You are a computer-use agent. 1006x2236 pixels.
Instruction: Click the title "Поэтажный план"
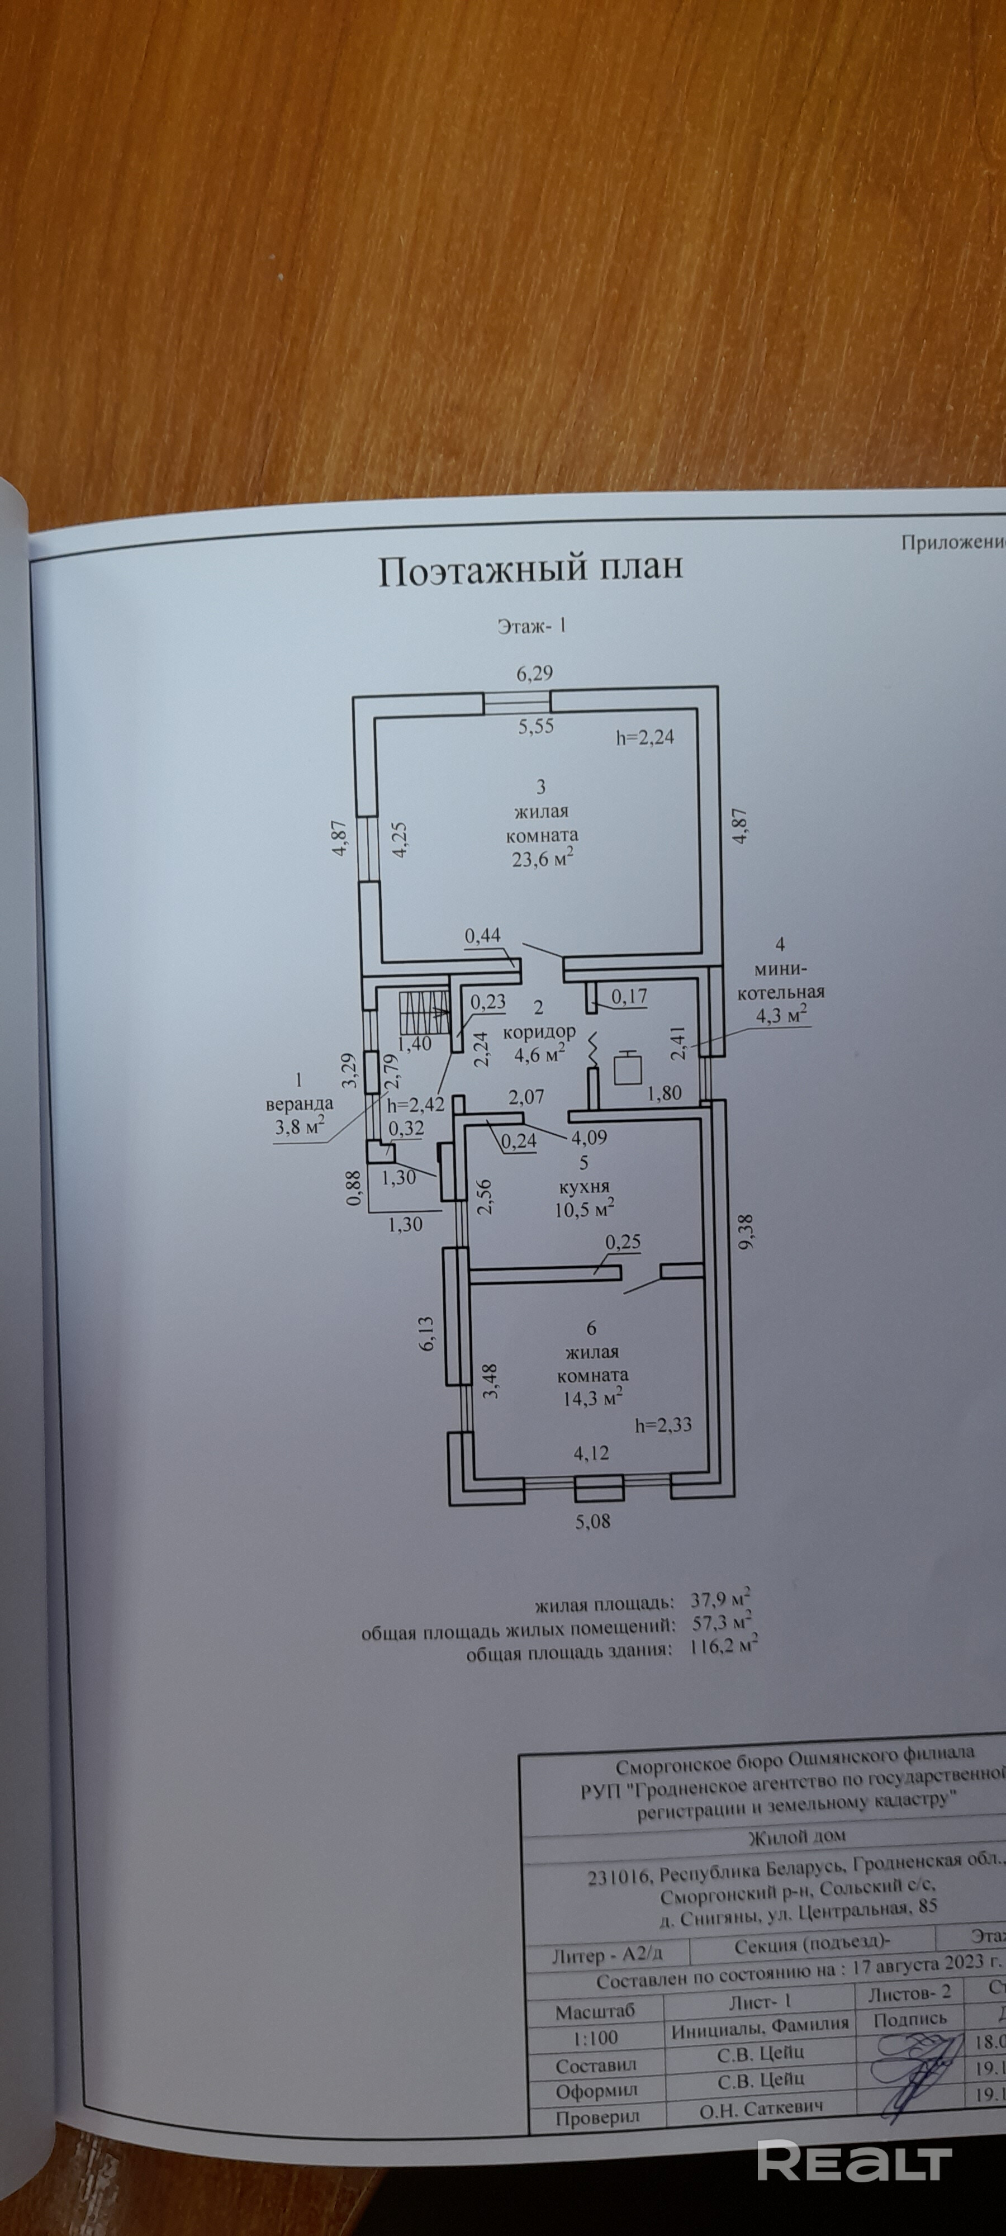coord(530,569)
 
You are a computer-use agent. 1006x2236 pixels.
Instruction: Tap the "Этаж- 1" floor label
coord(531,626)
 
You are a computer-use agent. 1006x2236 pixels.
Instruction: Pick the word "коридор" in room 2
coord(539,1032)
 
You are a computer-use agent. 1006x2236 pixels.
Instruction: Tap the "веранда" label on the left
coord(300,1104)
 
